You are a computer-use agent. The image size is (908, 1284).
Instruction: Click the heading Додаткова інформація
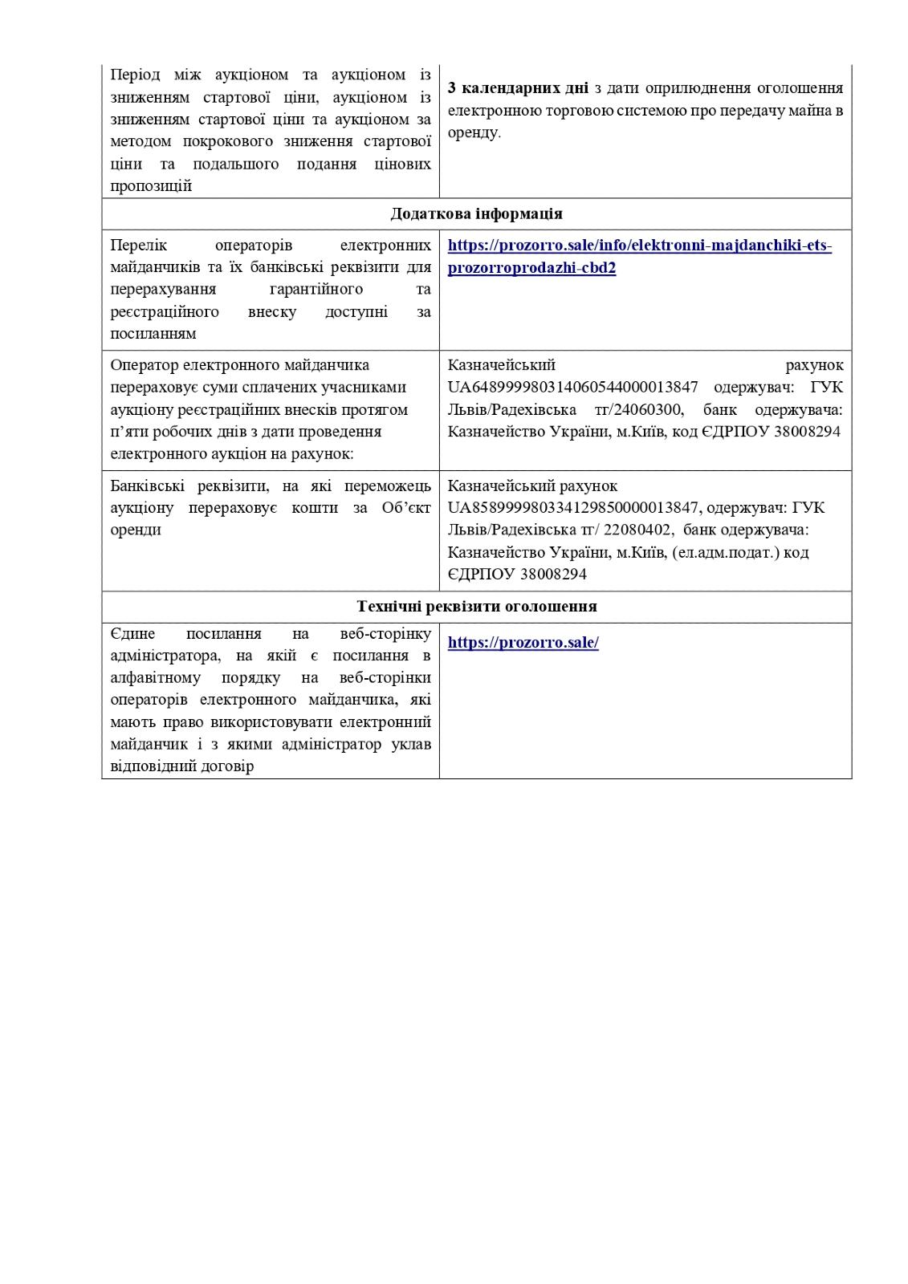[476, 213]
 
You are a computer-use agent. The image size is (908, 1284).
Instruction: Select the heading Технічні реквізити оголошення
[476, 607]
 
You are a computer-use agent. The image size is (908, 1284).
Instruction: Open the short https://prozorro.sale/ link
[523, 643]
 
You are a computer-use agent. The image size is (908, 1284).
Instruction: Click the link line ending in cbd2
[531, 268]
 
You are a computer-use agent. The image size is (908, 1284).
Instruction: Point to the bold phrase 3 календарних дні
[518, 87]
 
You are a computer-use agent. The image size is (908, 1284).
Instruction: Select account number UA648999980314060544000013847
[573, 387]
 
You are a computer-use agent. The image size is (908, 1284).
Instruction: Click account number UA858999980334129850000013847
[575, 508]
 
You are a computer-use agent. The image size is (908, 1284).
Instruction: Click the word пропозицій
[151, 186]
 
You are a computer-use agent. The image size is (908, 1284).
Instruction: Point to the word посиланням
[153, 333]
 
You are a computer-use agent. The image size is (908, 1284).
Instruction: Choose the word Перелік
[136, 245]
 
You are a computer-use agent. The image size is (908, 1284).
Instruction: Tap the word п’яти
[128, 432]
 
